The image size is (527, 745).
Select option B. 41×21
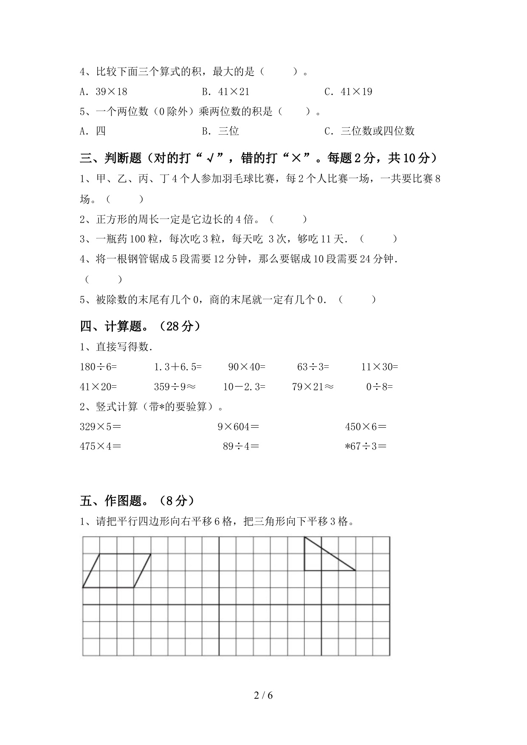(x=225, y=92)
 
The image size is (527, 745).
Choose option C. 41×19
(x=348, y=92)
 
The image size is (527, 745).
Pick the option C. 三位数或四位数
(x=369, y=131)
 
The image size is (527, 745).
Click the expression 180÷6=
(x=98, y=367)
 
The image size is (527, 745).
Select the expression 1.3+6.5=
(x=178, y=367)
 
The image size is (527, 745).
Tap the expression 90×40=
(x=247, y=367)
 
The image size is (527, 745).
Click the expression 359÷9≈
(x=175, y=387)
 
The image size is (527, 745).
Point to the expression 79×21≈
(x=313, y=387)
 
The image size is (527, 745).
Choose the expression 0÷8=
(x=380, y=387)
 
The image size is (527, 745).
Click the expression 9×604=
(x=238, y=427)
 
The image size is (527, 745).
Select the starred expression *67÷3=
(x=366, y=446)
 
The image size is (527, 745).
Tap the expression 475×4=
(x=100, y=446)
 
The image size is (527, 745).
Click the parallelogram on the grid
(x=117, y=570)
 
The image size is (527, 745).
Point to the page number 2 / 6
(x=263, y=695)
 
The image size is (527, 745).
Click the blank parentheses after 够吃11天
(x=378, y=239)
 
